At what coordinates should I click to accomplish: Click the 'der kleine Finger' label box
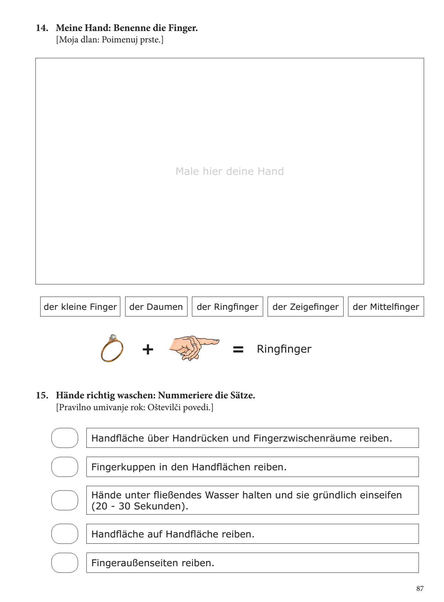(80, 307)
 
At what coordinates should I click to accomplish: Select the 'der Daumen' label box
(156, 307)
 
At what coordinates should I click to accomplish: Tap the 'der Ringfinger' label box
(227, 307)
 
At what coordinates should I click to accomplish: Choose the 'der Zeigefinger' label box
(305, 307)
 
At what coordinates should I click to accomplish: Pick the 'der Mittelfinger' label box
(386, 307)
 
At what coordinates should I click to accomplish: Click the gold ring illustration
(112, 349)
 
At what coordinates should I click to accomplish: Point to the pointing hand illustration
(194, 348)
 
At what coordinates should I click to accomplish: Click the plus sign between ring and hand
(148, 349)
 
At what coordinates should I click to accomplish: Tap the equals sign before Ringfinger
(238, 349)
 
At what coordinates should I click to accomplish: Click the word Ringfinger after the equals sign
(284, 349)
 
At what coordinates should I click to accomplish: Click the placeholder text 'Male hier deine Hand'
(230, 171)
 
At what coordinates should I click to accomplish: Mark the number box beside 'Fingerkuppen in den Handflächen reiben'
(65, 467)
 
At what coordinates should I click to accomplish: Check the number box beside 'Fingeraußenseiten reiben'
(65, 563)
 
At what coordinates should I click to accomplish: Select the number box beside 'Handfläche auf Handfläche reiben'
(65, 534)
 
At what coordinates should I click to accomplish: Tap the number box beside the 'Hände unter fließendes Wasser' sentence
(65, 500)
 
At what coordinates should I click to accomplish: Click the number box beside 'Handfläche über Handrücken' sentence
(65, 438)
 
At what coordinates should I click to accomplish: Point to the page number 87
(420, 589)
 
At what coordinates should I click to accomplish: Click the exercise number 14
(42, 28)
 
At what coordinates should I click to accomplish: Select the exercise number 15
(42, 395)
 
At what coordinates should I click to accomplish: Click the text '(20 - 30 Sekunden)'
(140, 506)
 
